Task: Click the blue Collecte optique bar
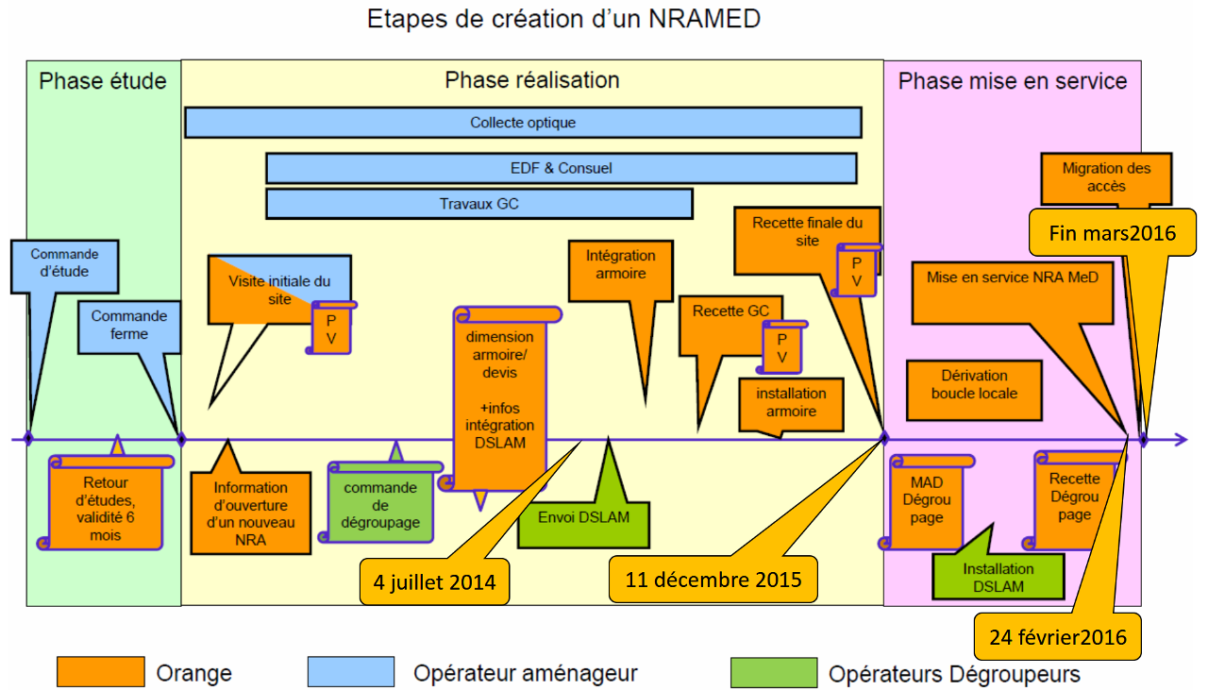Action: (x=523, y=123)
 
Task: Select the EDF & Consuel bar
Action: (x=561, y=168)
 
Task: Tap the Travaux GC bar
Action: (x=478, y=204)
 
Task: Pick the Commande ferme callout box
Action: (x=128, y=326)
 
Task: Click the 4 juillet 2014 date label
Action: (x=434, y=581)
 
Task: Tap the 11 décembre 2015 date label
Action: (x=713, y=579)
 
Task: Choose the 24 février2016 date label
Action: (x=1058, y=637)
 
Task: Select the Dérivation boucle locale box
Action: (x=974, y=385)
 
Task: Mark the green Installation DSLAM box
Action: (x=998, y=577)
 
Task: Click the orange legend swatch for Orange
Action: (x=100, y=672)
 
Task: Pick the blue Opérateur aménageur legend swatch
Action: (x=350, y=672)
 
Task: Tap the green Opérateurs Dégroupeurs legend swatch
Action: (x=773, y=672)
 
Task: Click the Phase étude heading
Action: (x=103, y=81)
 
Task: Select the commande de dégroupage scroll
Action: (x=381, y=504)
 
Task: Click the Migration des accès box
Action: (x=1106, y=177)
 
